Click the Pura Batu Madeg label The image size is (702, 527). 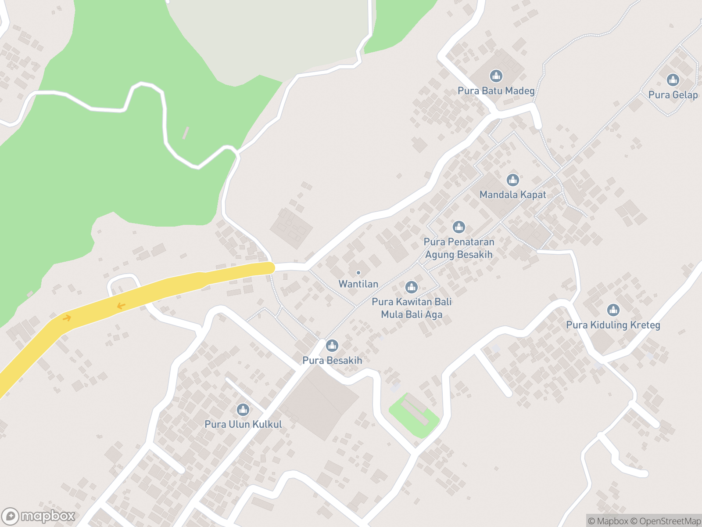coord(496,91)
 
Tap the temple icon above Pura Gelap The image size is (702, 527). coord(673,80)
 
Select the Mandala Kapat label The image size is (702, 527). coord(512,195)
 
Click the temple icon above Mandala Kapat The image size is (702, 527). coord(512,180)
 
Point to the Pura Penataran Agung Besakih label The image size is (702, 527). coord(458,248)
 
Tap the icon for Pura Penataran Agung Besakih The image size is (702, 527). coord(458,227)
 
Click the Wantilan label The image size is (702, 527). coord(358,284)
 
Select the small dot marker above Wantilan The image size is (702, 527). coord(358,273)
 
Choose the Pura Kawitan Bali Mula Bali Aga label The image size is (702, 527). coord(412,308)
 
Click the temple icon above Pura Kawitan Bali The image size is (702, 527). coord(411,287)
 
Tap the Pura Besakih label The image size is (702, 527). coord(332,361)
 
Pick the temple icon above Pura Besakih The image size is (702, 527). coord(332,346)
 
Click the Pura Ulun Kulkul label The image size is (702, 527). coord(243,424)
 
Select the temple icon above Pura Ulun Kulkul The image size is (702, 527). coord(243,410)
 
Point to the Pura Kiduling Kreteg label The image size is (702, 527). coord(613,325)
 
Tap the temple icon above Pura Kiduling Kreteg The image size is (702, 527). coord(613,310)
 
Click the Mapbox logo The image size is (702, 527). coord(38,516)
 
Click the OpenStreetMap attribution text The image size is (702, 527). coord(670,521)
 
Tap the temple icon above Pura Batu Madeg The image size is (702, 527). coord(496,76)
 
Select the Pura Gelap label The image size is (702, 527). coord(673,95)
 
